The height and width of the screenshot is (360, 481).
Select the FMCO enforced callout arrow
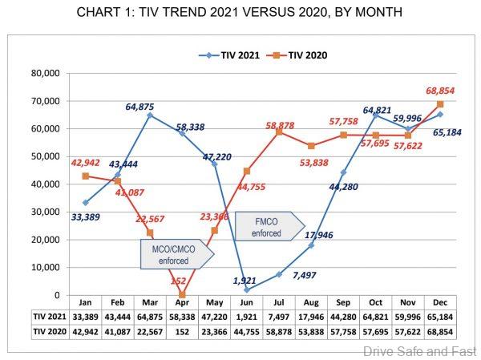[x=271, y=224]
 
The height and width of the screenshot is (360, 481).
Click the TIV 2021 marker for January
[x=85, y=203]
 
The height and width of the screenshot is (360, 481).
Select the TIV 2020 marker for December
[x=439, y=104]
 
